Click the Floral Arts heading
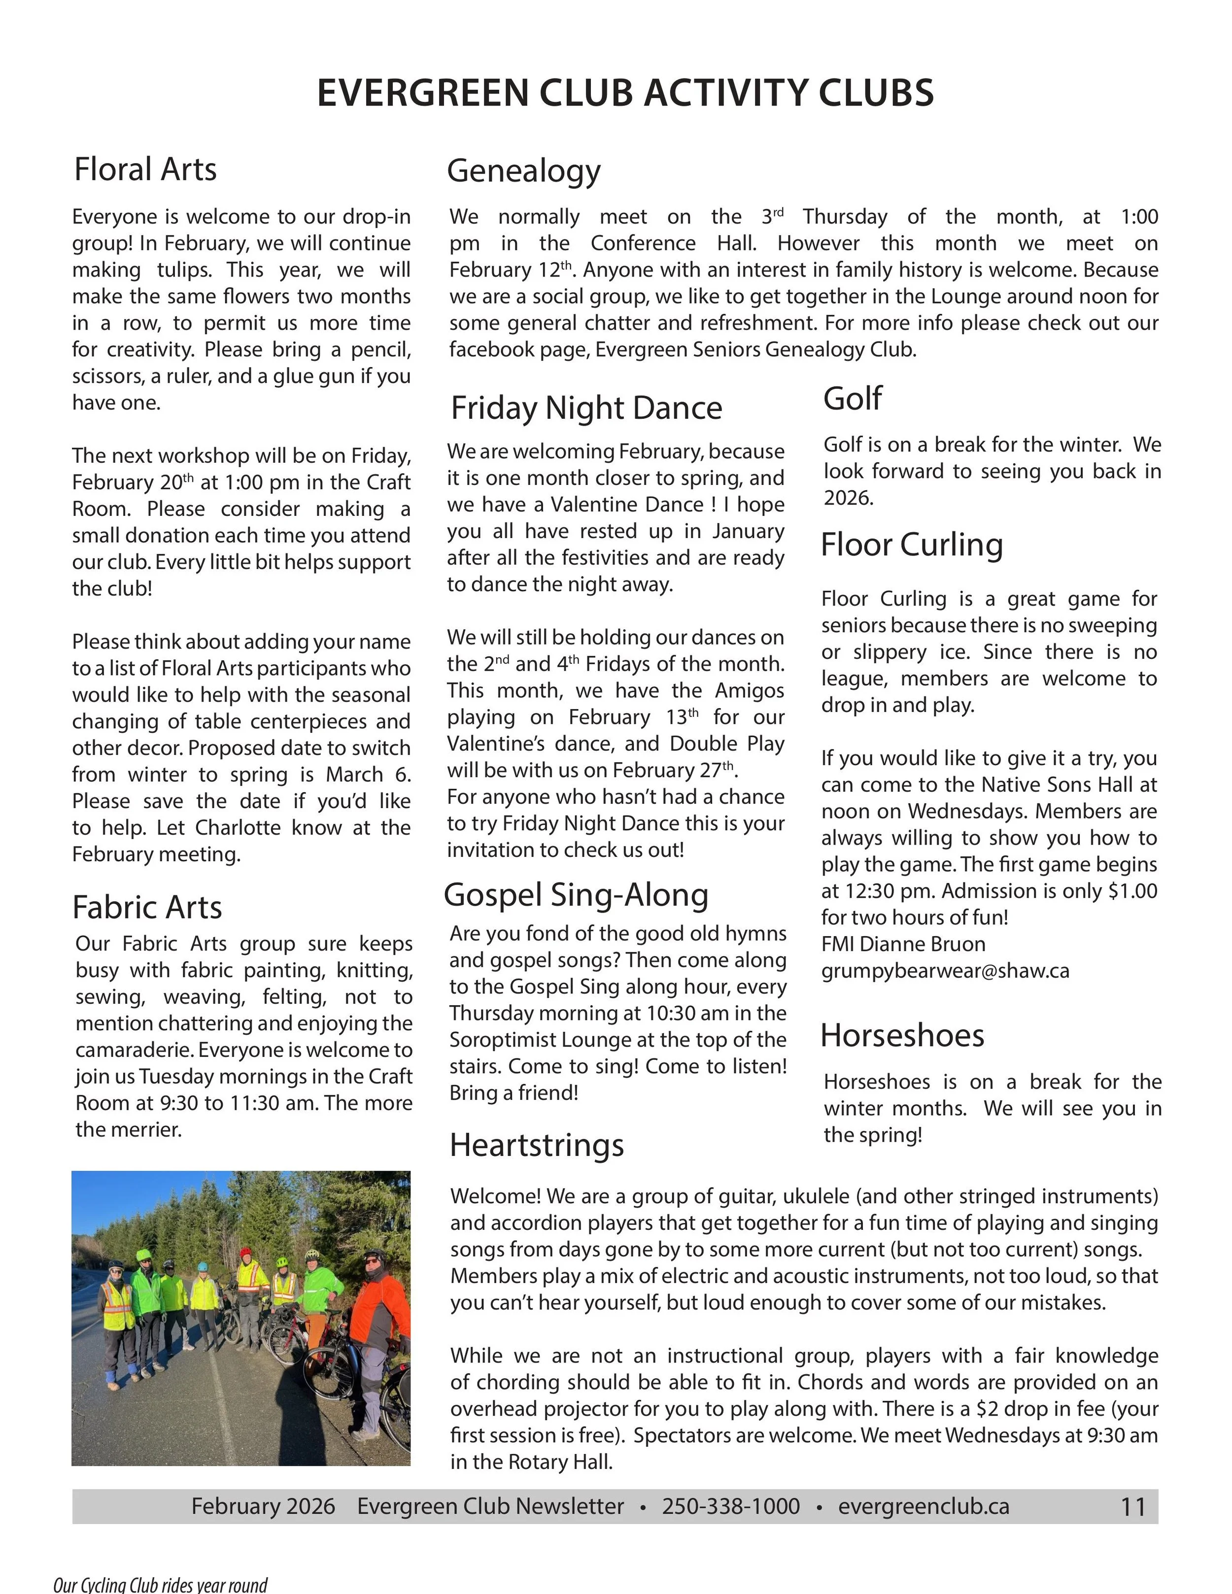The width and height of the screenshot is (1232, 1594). click(145, 170)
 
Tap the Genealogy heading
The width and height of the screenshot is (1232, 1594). click(523, 171)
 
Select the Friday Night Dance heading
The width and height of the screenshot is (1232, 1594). click(586, 407)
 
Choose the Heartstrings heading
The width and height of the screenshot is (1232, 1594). click(537, 1145)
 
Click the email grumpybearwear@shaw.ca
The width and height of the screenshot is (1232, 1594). click(945, 971)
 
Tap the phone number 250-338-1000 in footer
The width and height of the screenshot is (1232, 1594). click(731, 1506)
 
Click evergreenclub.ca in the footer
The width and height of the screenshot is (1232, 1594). click(924, 1506)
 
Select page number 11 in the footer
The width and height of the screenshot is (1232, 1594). click(1133, 1507)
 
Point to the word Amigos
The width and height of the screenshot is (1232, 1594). click(749, 690)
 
